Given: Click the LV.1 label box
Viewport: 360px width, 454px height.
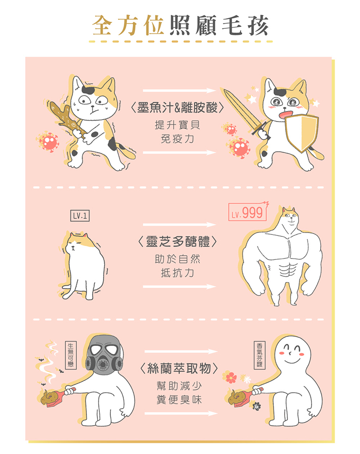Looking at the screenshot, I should [x=80, y=216].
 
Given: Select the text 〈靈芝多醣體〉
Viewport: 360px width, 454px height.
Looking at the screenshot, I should [x=178, y=241].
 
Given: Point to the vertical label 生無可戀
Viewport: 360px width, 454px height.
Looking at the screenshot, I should [x=71, y=356].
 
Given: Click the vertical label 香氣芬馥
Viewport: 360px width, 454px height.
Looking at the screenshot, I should [x=260, y=355].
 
